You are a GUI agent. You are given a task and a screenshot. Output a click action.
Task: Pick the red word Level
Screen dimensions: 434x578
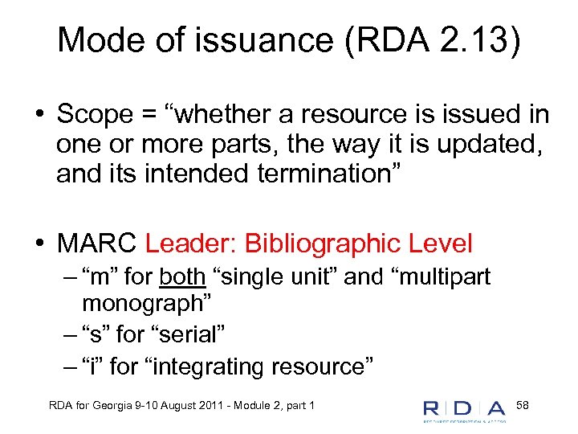pos(441,243)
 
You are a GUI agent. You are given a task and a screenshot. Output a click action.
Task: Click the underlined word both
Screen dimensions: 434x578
pos(182,277)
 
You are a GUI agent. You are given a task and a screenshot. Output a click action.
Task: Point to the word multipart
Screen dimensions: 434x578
pos(443,277)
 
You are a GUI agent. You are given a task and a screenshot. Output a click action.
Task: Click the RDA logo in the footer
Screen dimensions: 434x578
pos(465,409)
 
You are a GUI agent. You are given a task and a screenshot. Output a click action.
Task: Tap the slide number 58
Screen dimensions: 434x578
pos(522,403)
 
